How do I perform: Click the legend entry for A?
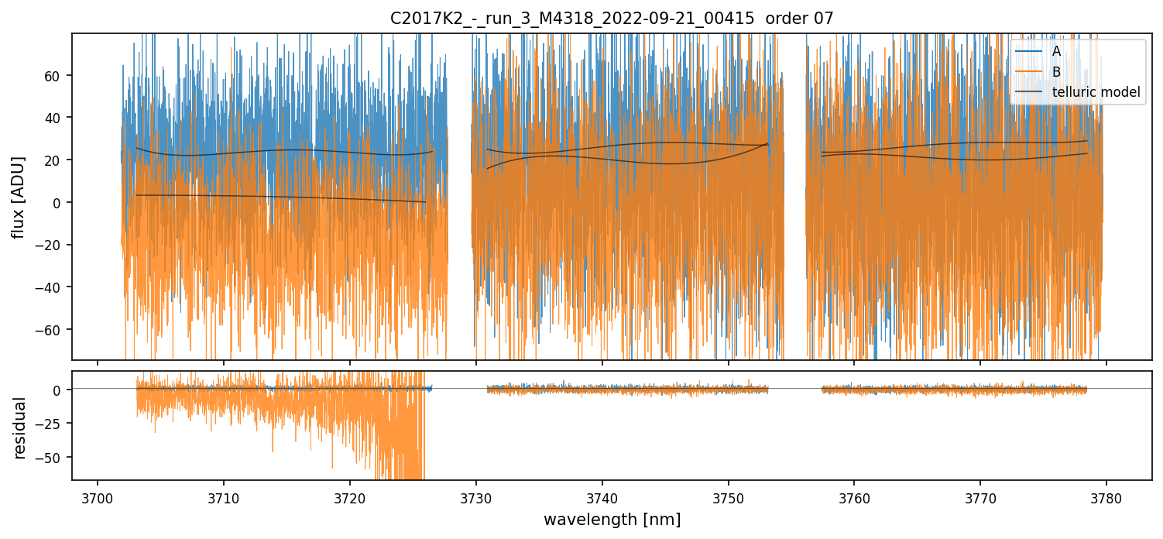[1056, 51]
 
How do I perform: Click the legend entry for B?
[1056, 72]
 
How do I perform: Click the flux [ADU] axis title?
[18, 197]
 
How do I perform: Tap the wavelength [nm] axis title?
[612, 520]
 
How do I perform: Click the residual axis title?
[20, 427]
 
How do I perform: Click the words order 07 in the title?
[799, 19]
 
